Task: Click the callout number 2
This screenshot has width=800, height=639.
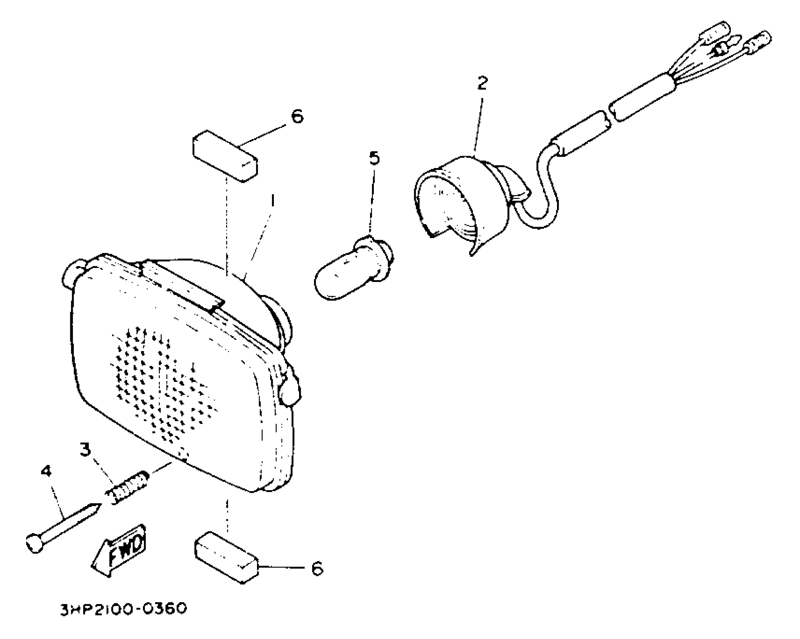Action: tap(482, 83)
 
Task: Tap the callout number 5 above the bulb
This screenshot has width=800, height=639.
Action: tap(374, 158)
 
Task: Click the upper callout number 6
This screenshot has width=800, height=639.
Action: tap(297, 117)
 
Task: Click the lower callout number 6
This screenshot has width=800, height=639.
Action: tap(317, 569)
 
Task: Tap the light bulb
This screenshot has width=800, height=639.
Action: tap(352, 270)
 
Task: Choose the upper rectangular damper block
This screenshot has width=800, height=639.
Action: tap(225, 156)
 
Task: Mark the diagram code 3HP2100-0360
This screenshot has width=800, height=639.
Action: tap(123, 609)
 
